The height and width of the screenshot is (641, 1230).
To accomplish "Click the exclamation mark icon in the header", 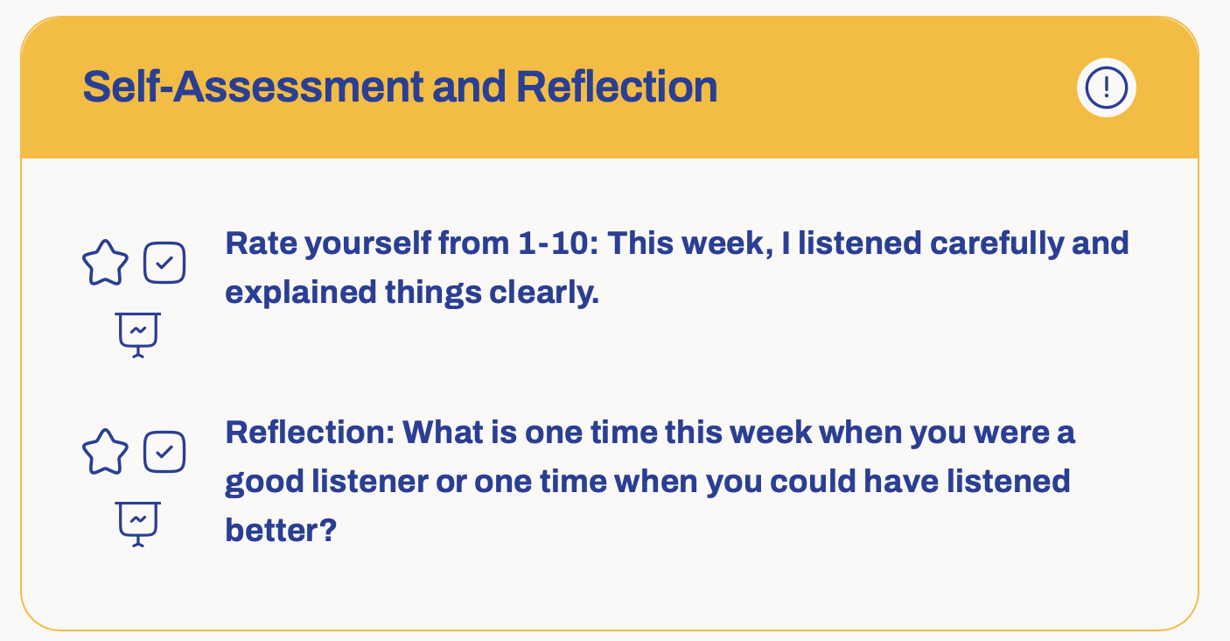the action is [1106, 88].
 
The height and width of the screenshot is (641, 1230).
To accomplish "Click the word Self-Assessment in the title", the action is [253, 87].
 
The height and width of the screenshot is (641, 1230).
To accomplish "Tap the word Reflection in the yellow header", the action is [617, 87].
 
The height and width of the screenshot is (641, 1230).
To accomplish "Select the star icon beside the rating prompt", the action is [106, 263].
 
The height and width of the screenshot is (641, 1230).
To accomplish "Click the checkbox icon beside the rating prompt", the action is [164, 263].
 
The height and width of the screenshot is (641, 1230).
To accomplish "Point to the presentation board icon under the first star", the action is [138, 335].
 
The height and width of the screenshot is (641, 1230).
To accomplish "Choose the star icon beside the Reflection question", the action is [106, 452].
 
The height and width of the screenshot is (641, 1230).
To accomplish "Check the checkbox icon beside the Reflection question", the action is [164, 452].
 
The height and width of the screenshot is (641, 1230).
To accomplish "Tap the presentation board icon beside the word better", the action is [138, 524].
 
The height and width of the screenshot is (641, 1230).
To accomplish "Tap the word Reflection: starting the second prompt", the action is [311, 432].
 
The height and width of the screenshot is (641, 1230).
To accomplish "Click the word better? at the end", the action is [281, 530].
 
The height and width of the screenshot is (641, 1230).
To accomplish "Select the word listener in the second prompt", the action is [370, 481].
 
